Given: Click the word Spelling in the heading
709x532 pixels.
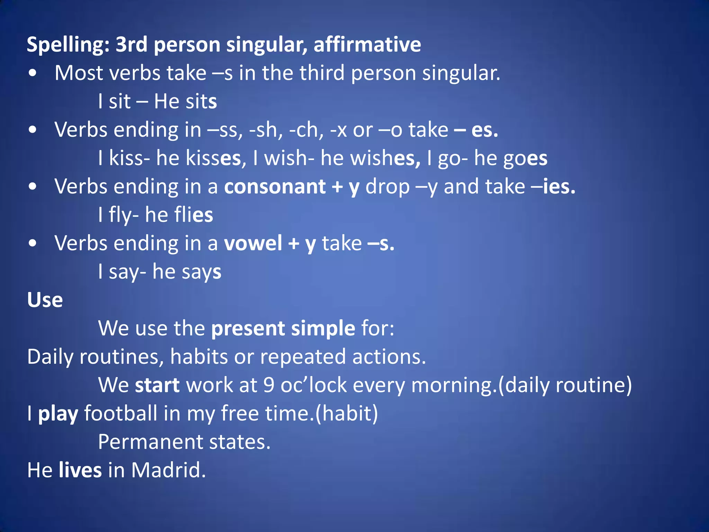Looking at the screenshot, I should (x=68, y=45).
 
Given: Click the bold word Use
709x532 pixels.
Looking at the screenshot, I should (x=45, y=300).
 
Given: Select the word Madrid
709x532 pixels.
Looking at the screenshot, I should (x=168, y=470).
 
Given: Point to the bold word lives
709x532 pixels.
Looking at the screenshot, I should (x=80, y=470).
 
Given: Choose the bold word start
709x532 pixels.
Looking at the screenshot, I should (x=157, y=385).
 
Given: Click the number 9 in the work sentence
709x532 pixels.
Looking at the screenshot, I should (x=269, y=385).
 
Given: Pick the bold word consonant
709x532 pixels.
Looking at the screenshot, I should (x=275, y=187).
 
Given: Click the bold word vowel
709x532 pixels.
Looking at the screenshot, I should (x=253, y=243).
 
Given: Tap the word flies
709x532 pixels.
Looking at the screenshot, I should (x=194, y=215).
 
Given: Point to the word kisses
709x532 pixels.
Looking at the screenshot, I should (x=213, y=159).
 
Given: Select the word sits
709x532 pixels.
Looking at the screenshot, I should (x=201, y=102).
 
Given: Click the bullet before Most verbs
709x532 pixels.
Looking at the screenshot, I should (x=33, y=73).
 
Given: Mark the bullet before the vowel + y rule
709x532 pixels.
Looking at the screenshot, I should (x=33, y=243).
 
